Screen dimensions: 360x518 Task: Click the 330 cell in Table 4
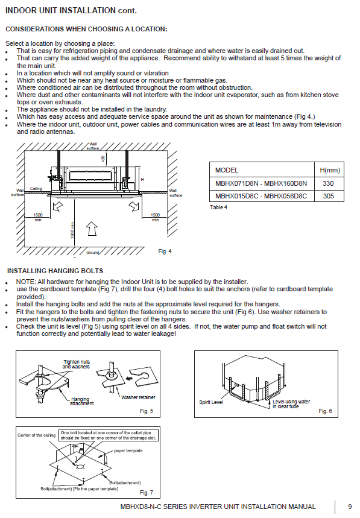pos(328,183)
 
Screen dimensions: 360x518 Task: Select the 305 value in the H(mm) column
pos(328,196)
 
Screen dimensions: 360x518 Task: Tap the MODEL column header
pos(227,170)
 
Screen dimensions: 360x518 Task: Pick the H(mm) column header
pos(330,170)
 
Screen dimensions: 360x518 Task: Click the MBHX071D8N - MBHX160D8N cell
pos(261,183)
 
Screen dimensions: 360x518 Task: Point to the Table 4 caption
pos(218,207)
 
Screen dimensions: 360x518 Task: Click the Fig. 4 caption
pos(165,251)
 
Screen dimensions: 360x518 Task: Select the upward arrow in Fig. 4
pos(92,229)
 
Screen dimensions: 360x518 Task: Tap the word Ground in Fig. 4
pos(92,253)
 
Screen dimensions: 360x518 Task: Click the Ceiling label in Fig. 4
pos(36,189)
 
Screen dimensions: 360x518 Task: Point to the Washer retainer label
pos(138,397)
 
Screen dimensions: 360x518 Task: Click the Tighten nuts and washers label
pos(77,364)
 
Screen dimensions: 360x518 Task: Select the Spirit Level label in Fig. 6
pos(210,402)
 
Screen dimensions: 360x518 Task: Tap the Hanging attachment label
pos(81,401)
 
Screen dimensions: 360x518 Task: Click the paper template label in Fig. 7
pos(128,450)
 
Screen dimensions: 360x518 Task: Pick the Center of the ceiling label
pos(36,435)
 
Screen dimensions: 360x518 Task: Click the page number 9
pos(350,507)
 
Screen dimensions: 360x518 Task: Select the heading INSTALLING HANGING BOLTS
pos(55,271)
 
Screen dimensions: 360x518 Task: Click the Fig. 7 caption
pos(147,493)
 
